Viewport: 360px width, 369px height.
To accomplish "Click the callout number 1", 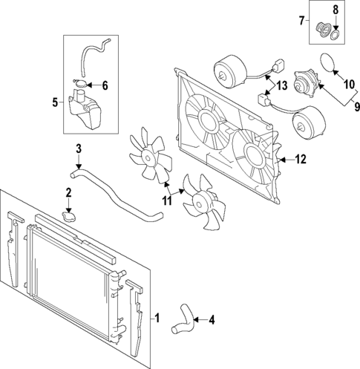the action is [157, 318].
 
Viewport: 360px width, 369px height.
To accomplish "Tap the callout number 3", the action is [78, 149].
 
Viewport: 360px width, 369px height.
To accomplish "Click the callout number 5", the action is [55, 102].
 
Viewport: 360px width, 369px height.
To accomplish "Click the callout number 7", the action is [301, 21].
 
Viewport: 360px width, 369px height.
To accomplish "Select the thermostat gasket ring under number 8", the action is [335, 36].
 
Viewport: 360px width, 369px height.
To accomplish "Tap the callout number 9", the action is [356, 107].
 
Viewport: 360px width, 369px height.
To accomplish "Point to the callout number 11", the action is [167, 200].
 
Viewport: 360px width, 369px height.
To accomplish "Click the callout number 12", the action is [301, 160].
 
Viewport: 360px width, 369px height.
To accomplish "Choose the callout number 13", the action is [282, 85].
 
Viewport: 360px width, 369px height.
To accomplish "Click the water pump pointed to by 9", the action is [307, 82].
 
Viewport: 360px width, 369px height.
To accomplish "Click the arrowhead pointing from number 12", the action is [281, 160].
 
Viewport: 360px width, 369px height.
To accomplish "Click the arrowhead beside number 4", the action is [195, 320].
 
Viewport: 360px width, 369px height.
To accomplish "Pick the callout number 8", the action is [336, 10].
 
